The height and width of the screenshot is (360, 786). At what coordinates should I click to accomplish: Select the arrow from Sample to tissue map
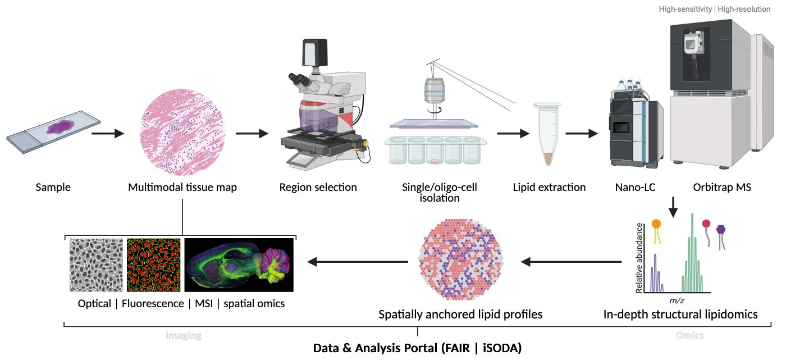tap(107, 134)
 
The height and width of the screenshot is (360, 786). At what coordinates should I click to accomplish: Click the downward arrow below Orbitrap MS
tap(674, 208)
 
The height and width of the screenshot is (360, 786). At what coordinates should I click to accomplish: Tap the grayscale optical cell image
tap(97, 265)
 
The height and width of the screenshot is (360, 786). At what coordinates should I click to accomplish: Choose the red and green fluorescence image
tap(153, 265)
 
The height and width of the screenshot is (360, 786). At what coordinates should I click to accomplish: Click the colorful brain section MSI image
tap(239, 265)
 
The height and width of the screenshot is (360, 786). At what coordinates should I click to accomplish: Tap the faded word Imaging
tap(183, 336)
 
